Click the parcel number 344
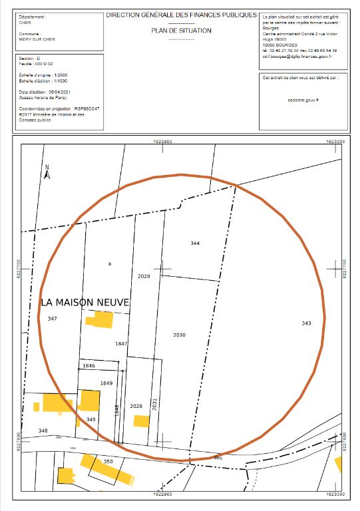click(194, 244)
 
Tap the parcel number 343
click(306, 323)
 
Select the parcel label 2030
click(179, 335)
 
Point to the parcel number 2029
click(144, 275)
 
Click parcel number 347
click(53, 319)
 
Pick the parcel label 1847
click(120, 343)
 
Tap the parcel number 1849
click(106, 383)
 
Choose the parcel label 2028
click(136, 406)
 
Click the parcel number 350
click(108, 461)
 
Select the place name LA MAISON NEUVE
click(84, 302)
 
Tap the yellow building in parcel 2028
click(141, 421)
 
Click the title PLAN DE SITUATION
click(181, 31)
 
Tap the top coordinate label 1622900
click(163, 142)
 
